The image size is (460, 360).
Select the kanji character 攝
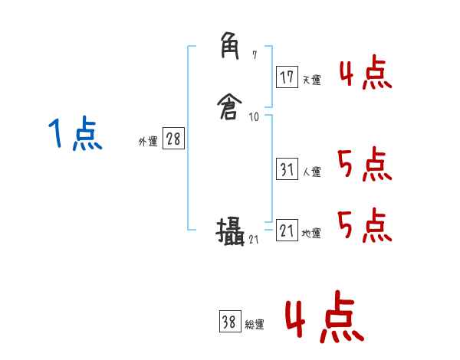(230, 231)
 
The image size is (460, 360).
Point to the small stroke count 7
(255, 56)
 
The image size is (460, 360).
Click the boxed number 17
(287, 77)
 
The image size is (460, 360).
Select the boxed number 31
(287, 170)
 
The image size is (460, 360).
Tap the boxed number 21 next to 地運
(287, 231)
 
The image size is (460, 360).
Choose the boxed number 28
(174, 139)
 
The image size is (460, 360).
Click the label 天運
(311, 80)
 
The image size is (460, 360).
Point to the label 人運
(311, 172)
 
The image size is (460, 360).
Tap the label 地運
(311, 234)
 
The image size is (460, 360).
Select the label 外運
(147, 141)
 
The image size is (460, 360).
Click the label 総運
(255, 325)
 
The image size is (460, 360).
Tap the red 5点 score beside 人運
(365, 163)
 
